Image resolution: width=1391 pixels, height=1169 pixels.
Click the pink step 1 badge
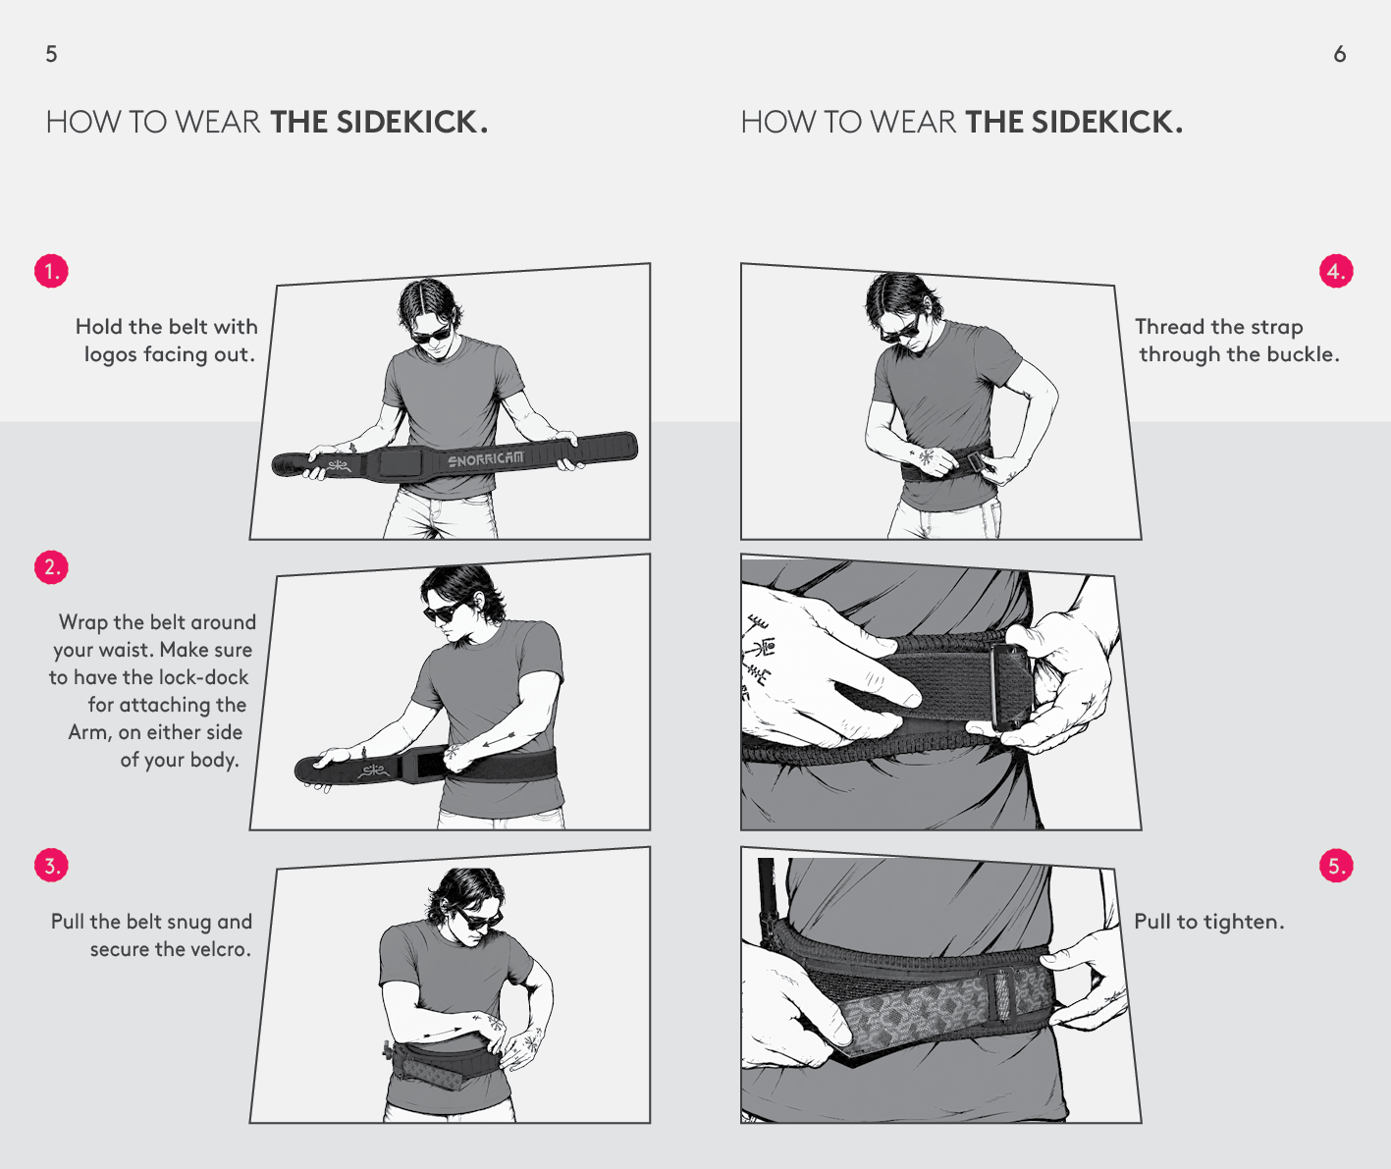[51, 271]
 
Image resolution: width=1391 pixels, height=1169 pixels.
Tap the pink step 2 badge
[51, 567]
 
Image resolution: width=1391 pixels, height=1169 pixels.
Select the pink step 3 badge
[51, 866]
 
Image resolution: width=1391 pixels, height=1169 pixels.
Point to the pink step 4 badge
[1336, 271]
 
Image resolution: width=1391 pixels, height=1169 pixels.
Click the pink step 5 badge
[1336, 866]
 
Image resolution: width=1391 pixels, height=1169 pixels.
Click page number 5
[51, 54]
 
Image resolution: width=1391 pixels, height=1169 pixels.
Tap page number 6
[1340, 54]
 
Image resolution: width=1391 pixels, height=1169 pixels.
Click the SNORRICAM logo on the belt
[486, 458]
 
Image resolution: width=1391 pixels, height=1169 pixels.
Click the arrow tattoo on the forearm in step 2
[499, 739]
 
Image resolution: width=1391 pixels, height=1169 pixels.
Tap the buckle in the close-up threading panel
[1010, 687]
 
